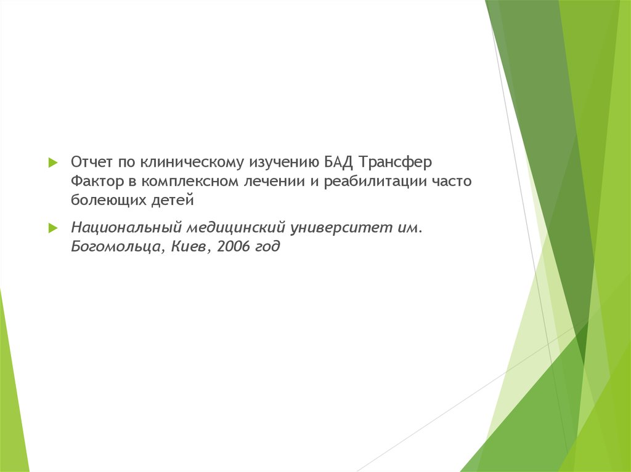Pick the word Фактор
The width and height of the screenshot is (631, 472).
click(97, 182)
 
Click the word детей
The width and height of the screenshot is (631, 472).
click(173, 200)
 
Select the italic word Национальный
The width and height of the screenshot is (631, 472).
click(126, 228)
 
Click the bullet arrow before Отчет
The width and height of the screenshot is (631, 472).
click(53, 162)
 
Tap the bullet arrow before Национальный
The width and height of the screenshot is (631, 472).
click(53, 228)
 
